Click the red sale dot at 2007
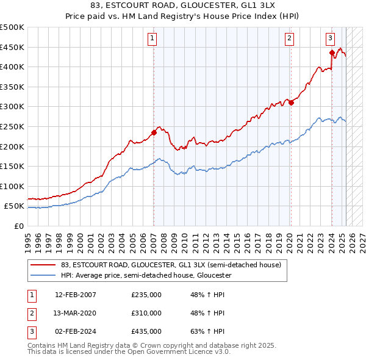click(x=154, y=132)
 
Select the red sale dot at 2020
click(x=291, y=103)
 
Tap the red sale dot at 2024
click(x=332, y=53)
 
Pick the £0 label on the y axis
click(x=18, y=226)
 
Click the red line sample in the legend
click(x=43, y=265)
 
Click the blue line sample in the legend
click(x=43, y=275)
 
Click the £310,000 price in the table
click(x=146, y=313)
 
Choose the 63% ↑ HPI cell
click(x=207, y=331)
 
